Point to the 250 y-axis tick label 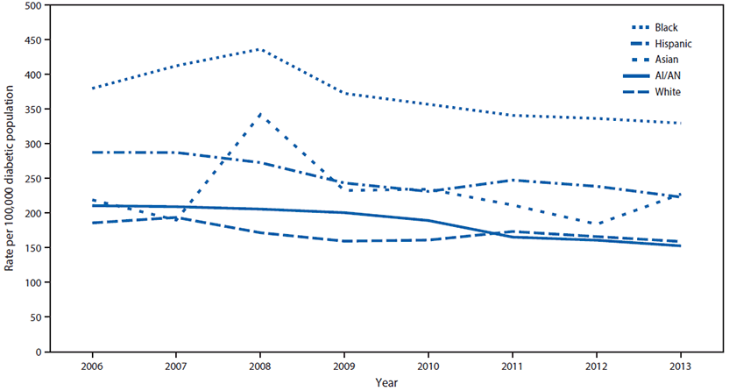click(32, 179)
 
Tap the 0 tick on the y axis click(38, 352)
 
